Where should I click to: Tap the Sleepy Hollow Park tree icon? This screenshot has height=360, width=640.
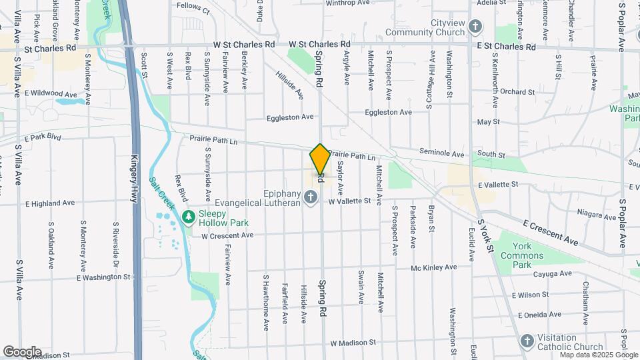[189, 217]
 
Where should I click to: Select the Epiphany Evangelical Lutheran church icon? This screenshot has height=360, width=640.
[310, 196]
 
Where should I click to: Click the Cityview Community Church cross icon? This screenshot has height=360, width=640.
[475, 27]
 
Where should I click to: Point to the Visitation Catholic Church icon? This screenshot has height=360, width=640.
[527, 341]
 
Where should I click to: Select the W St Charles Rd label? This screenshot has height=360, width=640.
[244, 45]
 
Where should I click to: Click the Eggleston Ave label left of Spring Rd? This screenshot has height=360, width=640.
[289, 117]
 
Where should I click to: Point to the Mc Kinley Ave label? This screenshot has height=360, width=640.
[434, 267]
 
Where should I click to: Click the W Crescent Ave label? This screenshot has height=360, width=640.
[227, 235]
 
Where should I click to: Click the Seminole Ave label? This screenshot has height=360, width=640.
[441, 152]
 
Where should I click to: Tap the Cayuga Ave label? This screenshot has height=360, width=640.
[553, 273]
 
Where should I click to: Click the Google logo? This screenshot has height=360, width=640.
[22, 351]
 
